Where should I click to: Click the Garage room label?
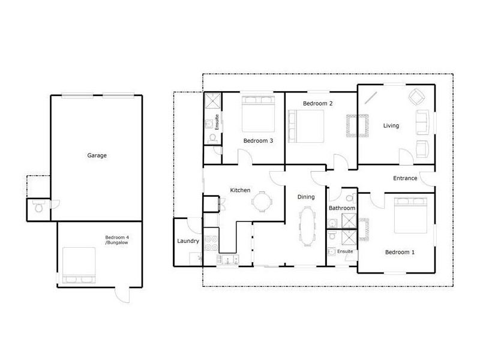pos(97,155)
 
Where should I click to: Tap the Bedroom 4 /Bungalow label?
pos(117,240)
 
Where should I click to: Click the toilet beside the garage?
pos(39,208)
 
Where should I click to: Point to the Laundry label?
pos(188,241)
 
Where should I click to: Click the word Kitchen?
pos(240,190)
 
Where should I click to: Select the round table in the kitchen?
pos(261,202)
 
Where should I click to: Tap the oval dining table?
pos(307,226)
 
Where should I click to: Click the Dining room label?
pos(307,196)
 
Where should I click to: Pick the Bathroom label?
pos(341,208)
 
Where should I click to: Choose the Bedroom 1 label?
pos(400,252)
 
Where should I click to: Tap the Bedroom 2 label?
pos(317,104)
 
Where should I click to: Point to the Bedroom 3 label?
pos(258,141)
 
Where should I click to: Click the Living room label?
pos(391,125)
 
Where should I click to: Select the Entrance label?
pos(405,178)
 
